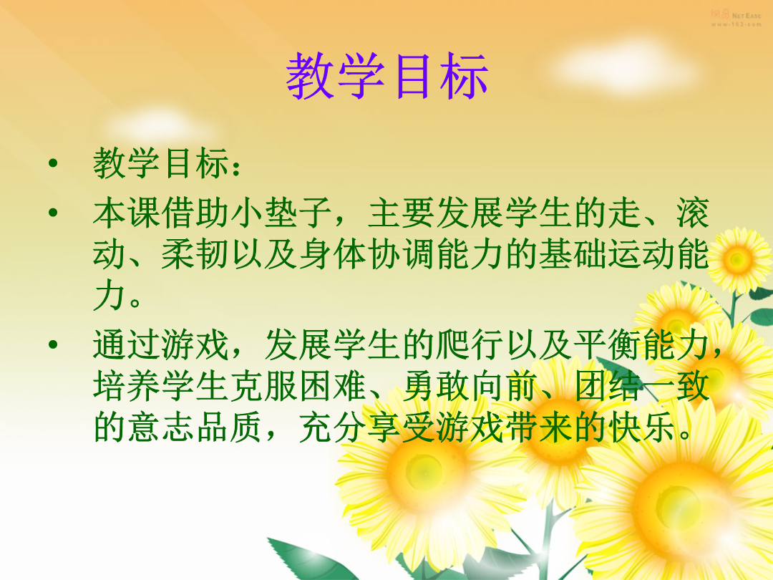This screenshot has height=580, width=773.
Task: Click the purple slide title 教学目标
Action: (387, 77)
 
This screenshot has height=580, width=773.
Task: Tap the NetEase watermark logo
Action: (736, 19)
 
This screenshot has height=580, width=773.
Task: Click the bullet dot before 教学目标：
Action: (53, 163)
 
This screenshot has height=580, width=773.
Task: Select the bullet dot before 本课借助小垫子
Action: (53, 213)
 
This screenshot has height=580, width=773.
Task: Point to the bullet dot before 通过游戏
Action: (53, 344)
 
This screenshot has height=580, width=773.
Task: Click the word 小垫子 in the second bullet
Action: (281, 213)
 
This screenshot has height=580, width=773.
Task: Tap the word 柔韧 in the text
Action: (195, 254)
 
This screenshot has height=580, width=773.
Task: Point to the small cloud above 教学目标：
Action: (160, 126)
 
